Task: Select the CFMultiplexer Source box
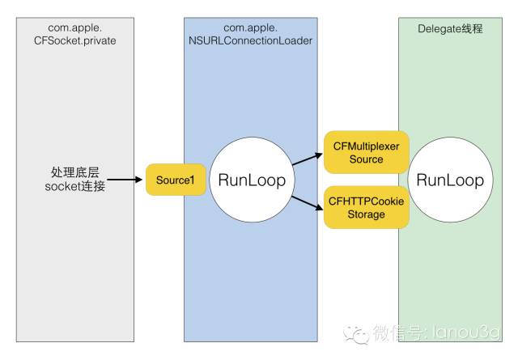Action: pos(366,152)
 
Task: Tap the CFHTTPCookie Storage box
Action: pos(366,206)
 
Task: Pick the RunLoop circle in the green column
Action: pos(449,180)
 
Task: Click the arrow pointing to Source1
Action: pos(126,180)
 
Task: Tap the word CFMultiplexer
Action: pos(366,146)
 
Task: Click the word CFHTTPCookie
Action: pos(366,199)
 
